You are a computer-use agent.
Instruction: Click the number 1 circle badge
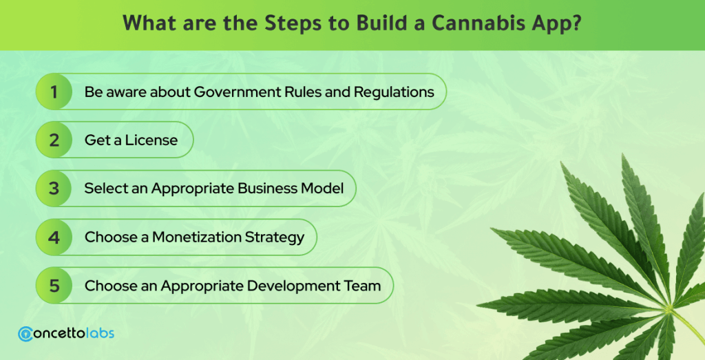(x=54, y=92)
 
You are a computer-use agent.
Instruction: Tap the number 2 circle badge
(x=54, y=140)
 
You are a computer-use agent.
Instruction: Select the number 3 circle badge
(x=54, y=189)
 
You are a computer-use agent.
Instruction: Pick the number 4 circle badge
(x=54, y=237)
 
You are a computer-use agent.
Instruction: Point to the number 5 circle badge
(x=54, y=286)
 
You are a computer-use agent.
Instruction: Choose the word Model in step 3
(x=322, y=189)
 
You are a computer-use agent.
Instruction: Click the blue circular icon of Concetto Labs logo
(x=25, y=334)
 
